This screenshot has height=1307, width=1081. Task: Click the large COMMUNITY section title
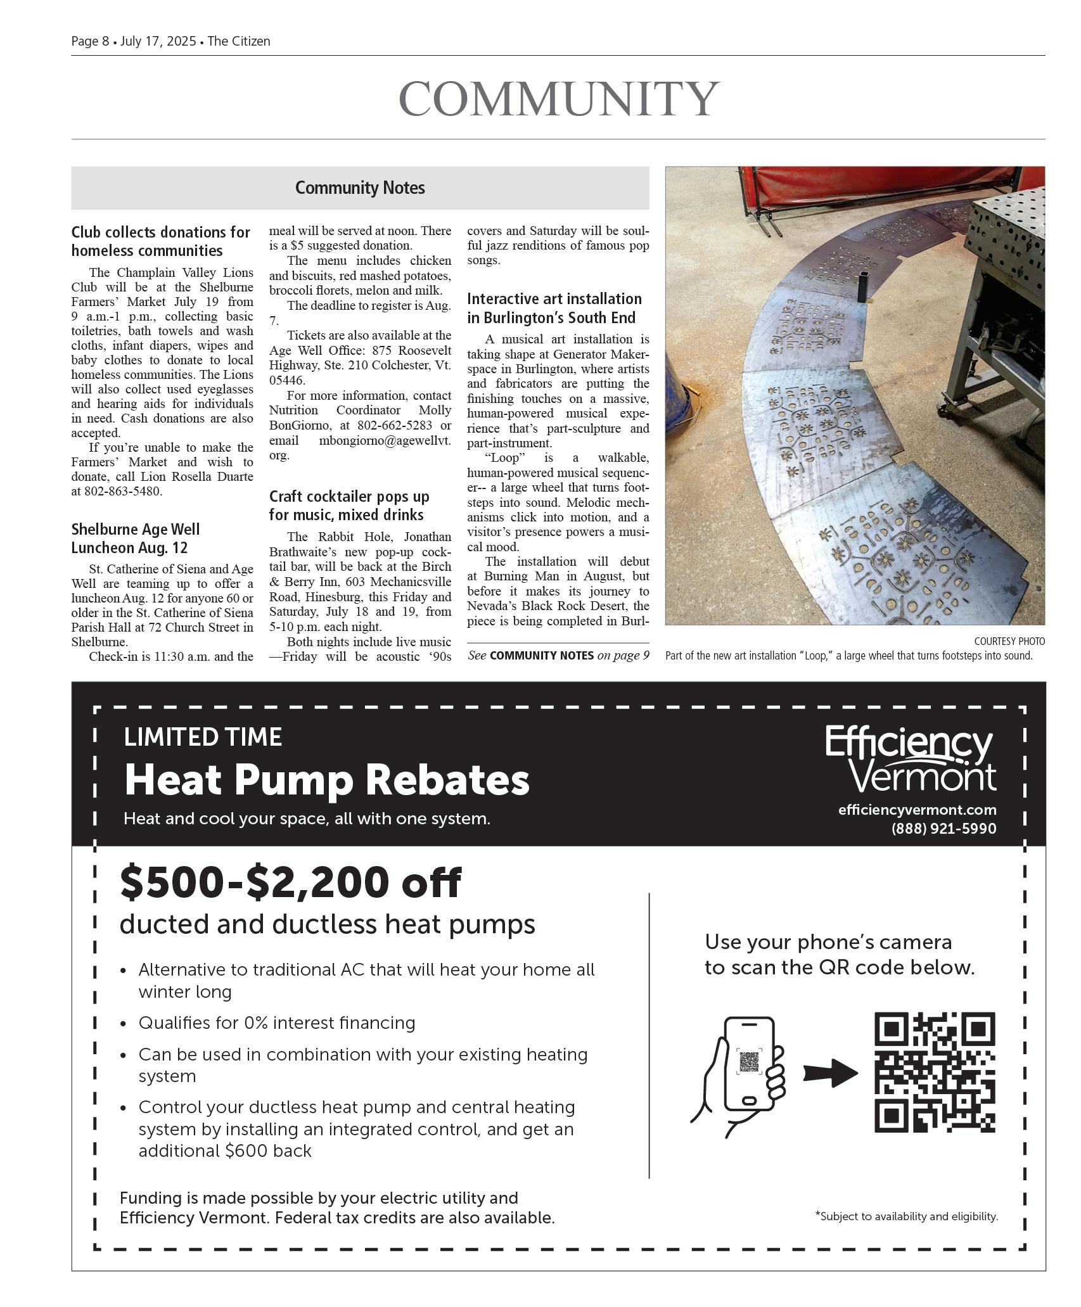558,99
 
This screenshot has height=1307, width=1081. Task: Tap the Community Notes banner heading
360,188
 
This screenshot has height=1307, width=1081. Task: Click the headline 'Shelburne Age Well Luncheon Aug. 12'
136,539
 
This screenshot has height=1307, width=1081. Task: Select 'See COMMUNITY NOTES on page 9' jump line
558,656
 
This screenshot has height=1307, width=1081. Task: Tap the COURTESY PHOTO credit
1009,641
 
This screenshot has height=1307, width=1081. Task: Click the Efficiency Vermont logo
910,760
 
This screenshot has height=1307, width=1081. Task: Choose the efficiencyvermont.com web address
916,810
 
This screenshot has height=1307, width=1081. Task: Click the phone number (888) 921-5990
943,829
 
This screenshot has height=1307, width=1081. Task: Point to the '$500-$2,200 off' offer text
291,883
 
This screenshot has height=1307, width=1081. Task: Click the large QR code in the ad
935,1072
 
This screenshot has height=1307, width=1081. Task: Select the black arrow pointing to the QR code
830,1073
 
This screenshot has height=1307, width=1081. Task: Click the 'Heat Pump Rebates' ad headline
326,780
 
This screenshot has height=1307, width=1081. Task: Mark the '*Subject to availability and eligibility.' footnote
906,1216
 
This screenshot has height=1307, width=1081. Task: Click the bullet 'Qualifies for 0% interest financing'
277,1023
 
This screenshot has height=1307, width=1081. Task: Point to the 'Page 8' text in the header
90,41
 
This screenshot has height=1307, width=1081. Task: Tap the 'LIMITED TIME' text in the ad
203,737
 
